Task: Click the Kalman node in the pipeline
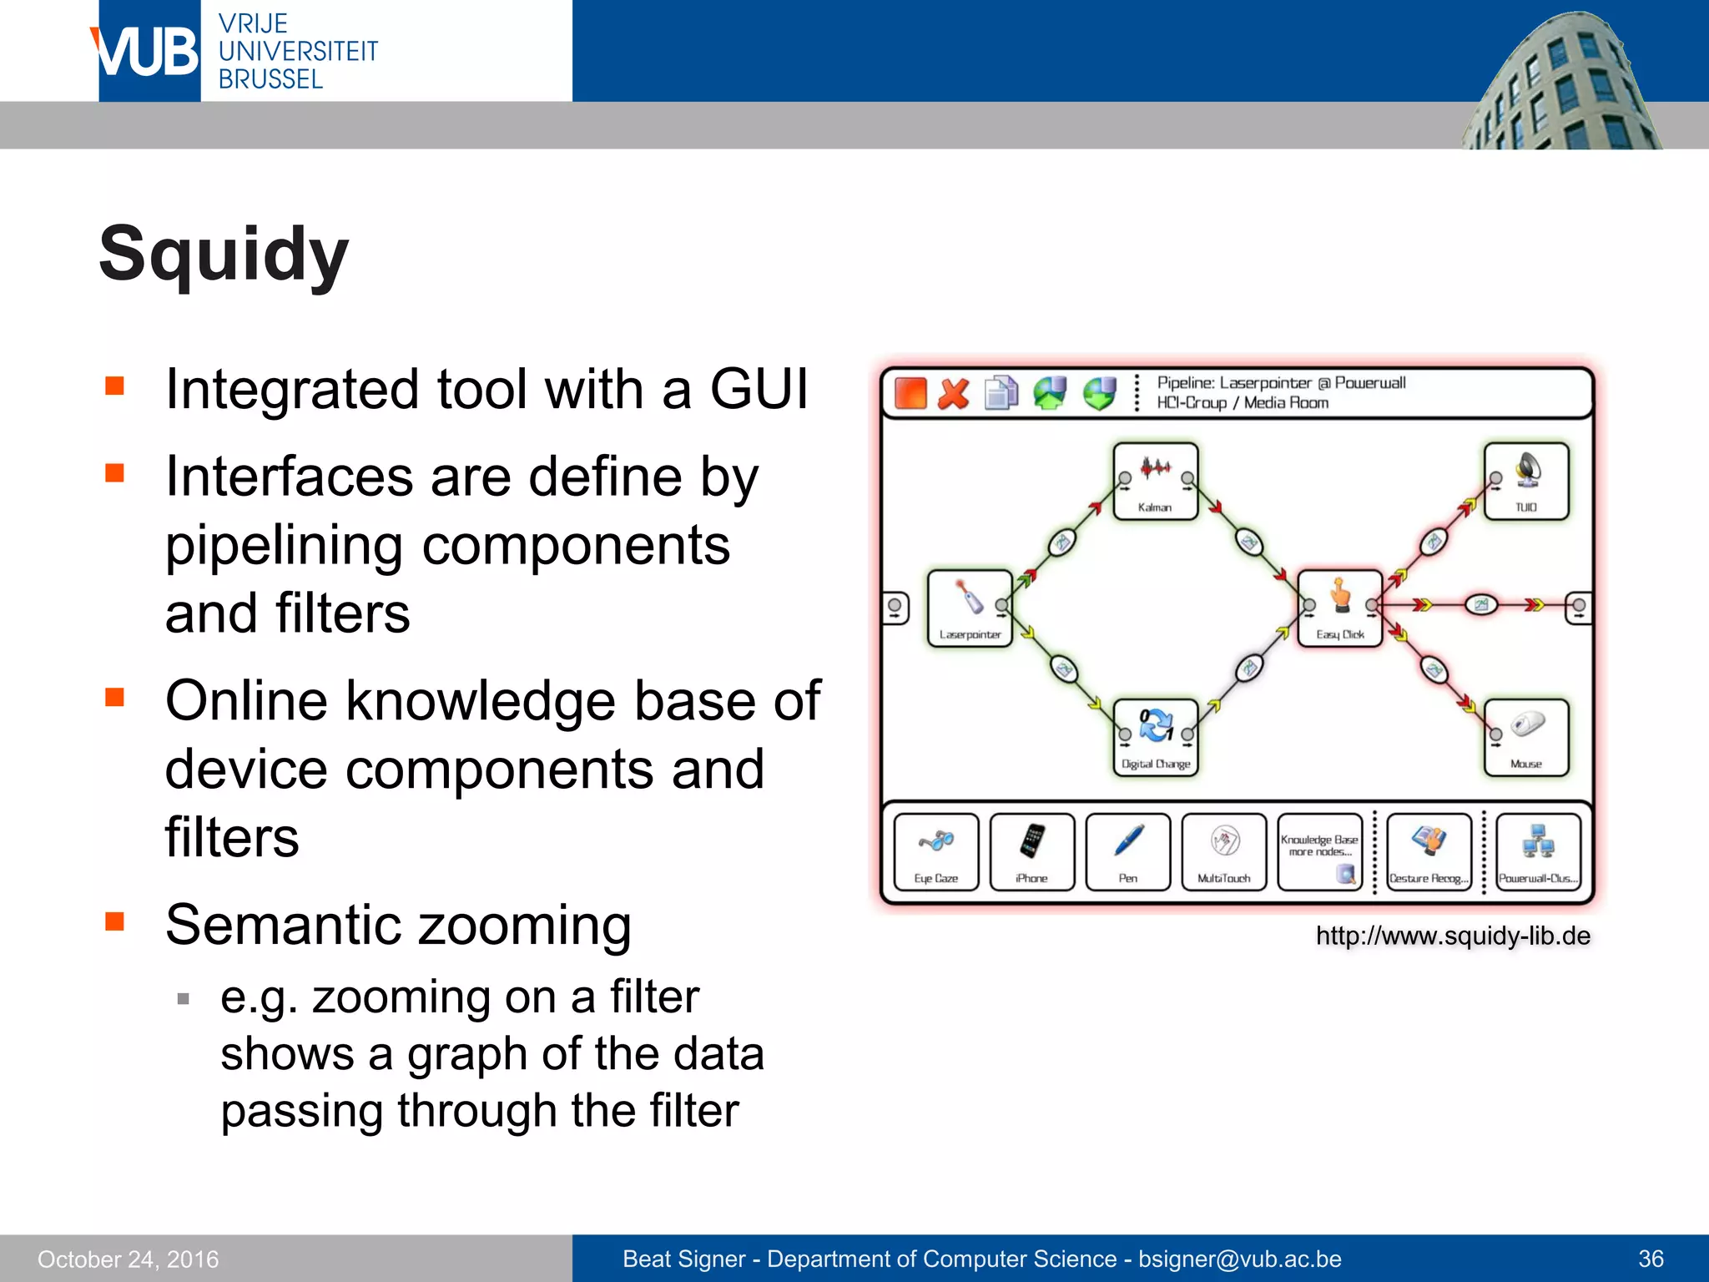[x=1156, y=481]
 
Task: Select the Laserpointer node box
[x=970, y=608]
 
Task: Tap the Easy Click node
[x=1340, y=608]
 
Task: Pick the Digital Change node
[x=1156, y=737]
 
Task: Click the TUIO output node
[x=1526, y=481]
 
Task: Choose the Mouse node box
[x=1526, y=737]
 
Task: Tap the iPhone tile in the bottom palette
[x=1032, y=851]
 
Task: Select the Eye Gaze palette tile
[x=935, y=851]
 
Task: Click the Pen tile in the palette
[x=1128, y=851]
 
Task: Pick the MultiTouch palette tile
[x=1224, y=851]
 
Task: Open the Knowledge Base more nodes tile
[x=1320, y=851]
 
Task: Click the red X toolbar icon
[x=954, y=393]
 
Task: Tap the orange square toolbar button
[x=910, y=393]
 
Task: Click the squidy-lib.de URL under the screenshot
[x=1453, y=936]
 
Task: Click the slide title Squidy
[x=224, y=254]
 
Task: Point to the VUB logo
[x=149, y=52]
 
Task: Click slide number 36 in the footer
[x=1651, y=1259]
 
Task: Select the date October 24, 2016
[x=129, y=1259]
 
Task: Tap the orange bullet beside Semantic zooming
[x=115, y=921]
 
